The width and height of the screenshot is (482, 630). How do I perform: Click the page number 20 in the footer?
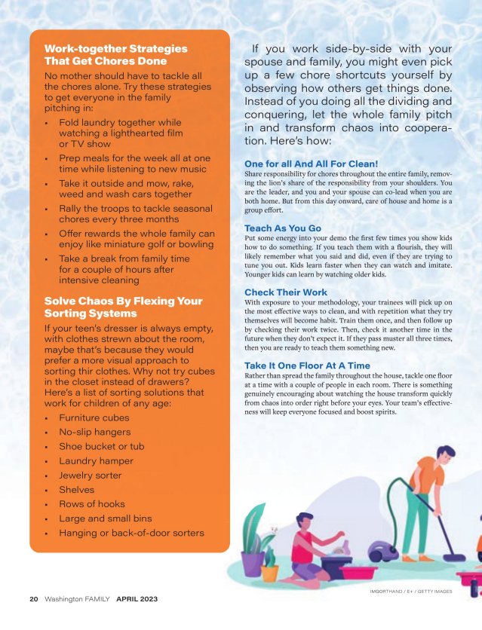point(34,599)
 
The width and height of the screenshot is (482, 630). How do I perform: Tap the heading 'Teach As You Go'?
point(283,228)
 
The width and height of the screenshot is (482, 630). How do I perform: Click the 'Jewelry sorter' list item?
point(90,476)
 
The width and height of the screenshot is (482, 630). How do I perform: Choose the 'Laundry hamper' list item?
point(96,461)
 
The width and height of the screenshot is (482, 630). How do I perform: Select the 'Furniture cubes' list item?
point(95,417)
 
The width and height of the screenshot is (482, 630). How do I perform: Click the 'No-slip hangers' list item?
point(94,433)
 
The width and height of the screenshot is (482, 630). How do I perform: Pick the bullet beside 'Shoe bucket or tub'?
point(48,448)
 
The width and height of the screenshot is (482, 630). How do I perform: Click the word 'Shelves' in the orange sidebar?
point(77,490)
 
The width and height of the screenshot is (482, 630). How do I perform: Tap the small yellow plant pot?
point(269,571)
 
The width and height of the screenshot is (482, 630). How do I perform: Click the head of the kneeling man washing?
point(306,521)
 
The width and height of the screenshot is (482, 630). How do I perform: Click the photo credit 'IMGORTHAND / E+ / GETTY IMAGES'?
point(406,592)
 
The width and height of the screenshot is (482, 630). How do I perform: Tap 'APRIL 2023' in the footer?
point(137,599)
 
